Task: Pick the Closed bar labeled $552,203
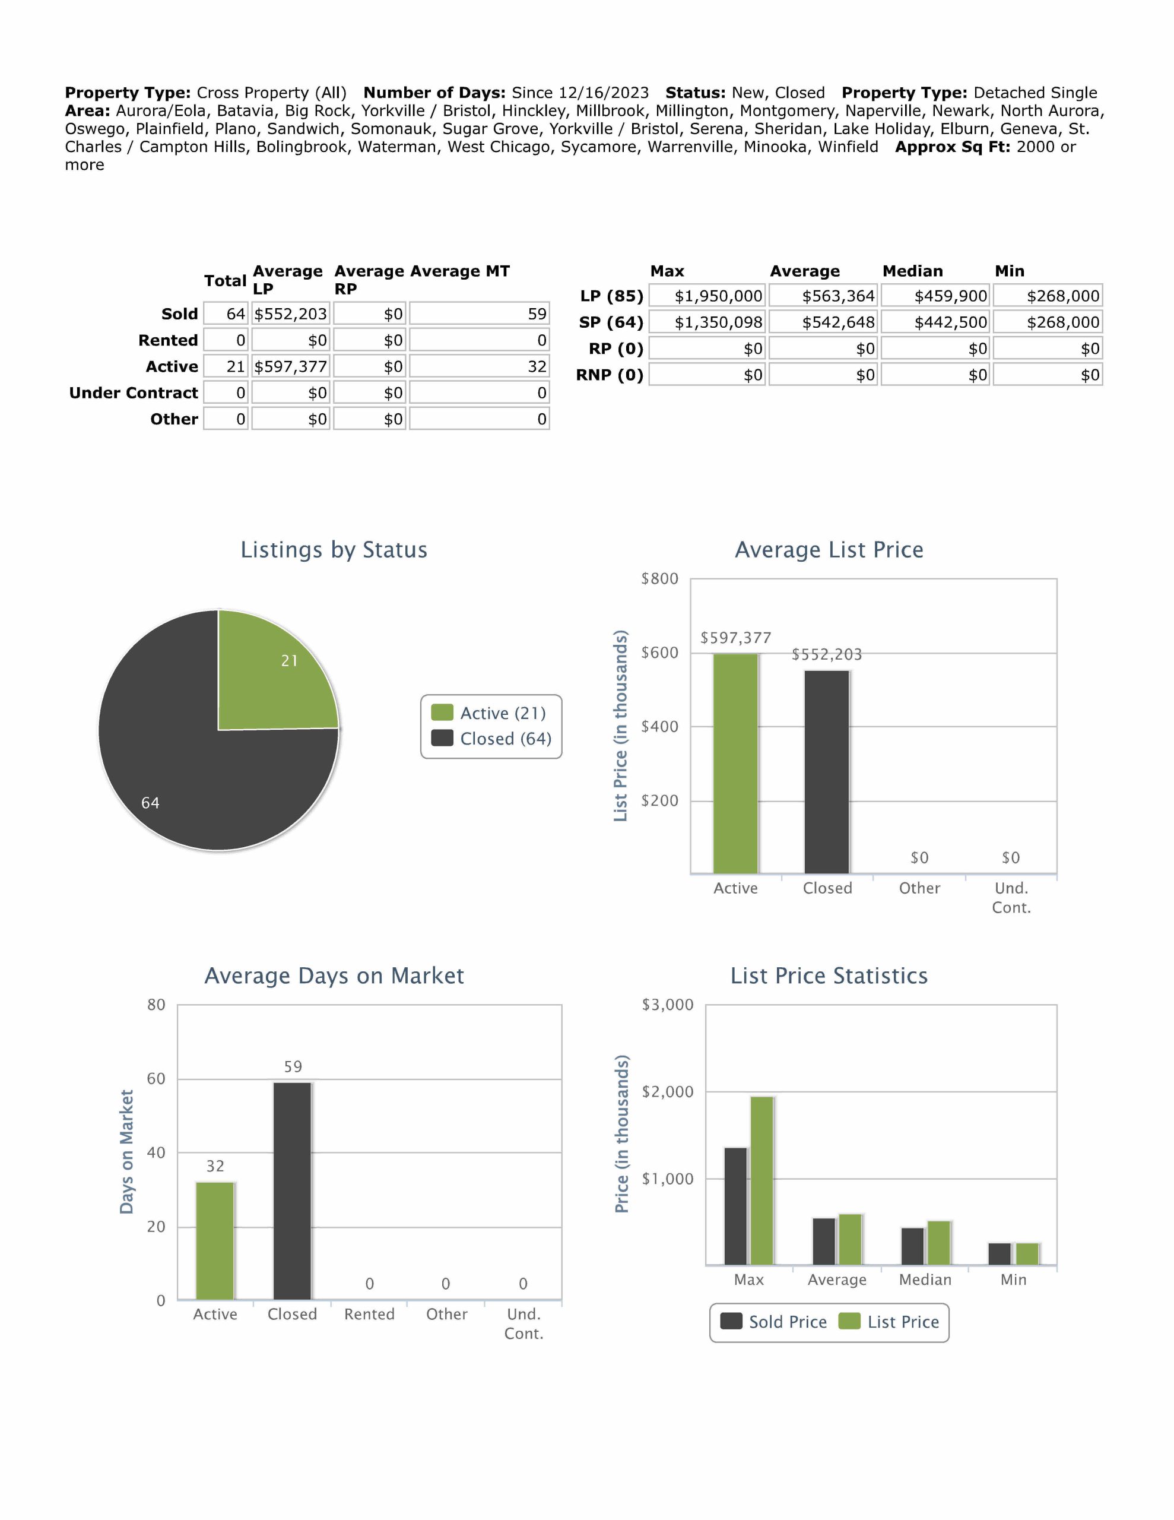coord(827,772)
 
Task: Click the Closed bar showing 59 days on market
coord(292,1190)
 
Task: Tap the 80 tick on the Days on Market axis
coord(157,1005)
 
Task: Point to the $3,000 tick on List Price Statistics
coord(667,1005)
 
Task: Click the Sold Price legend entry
coord(774,1322)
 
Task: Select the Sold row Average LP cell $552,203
coord(290,314)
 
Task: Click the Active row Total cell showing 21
coord(226,367)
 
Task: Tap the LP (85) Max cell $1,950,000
coord(707,296)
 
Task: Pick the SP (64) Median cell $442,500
coord(935,322)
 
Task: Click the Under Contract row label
coord(134,393)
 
